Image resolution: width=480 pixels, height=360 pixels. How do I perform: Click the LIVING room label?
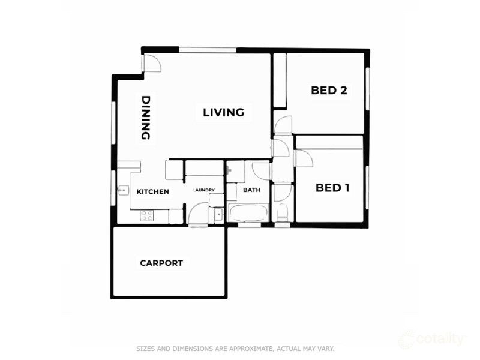tap(223, 112)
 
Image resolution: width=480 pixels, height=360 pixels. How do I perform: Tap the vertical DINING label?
tap(145, 118)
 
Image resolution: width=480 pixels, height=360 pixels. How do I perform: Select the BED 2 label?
tap(329, 91)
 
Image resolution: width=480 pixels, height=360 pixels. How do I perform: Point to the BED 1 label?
tap(332, 188)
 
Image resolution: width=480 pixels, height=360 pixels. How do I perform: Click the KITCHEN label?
tap(152, 192)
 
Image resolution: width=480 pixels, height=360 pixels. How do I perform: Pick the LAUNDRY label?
tap(204, 191)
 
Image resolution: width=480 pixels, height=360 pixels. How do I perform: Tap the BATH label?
tap(251, 191)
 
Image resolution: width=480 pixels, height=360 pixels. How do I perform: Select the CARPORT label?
tap(161, 263)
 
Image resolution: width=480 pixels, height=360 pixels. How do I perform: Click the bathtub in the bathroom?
tap(248, 212)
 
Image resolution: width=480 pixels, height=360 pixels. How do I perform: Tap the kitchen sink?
tap(122, 191)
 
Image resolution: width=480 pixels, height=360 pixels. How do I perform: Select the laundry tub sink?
tap(218, 214)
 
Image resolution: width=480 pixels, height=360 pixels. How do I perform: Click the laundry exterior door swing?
tap(197, 214)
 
